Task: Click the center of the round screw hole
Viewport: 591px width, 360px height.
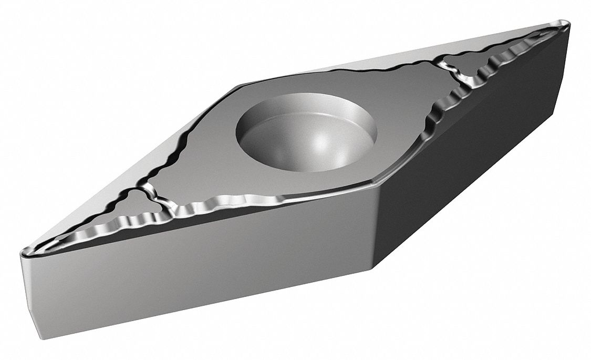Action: click(x=307, y=131)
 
